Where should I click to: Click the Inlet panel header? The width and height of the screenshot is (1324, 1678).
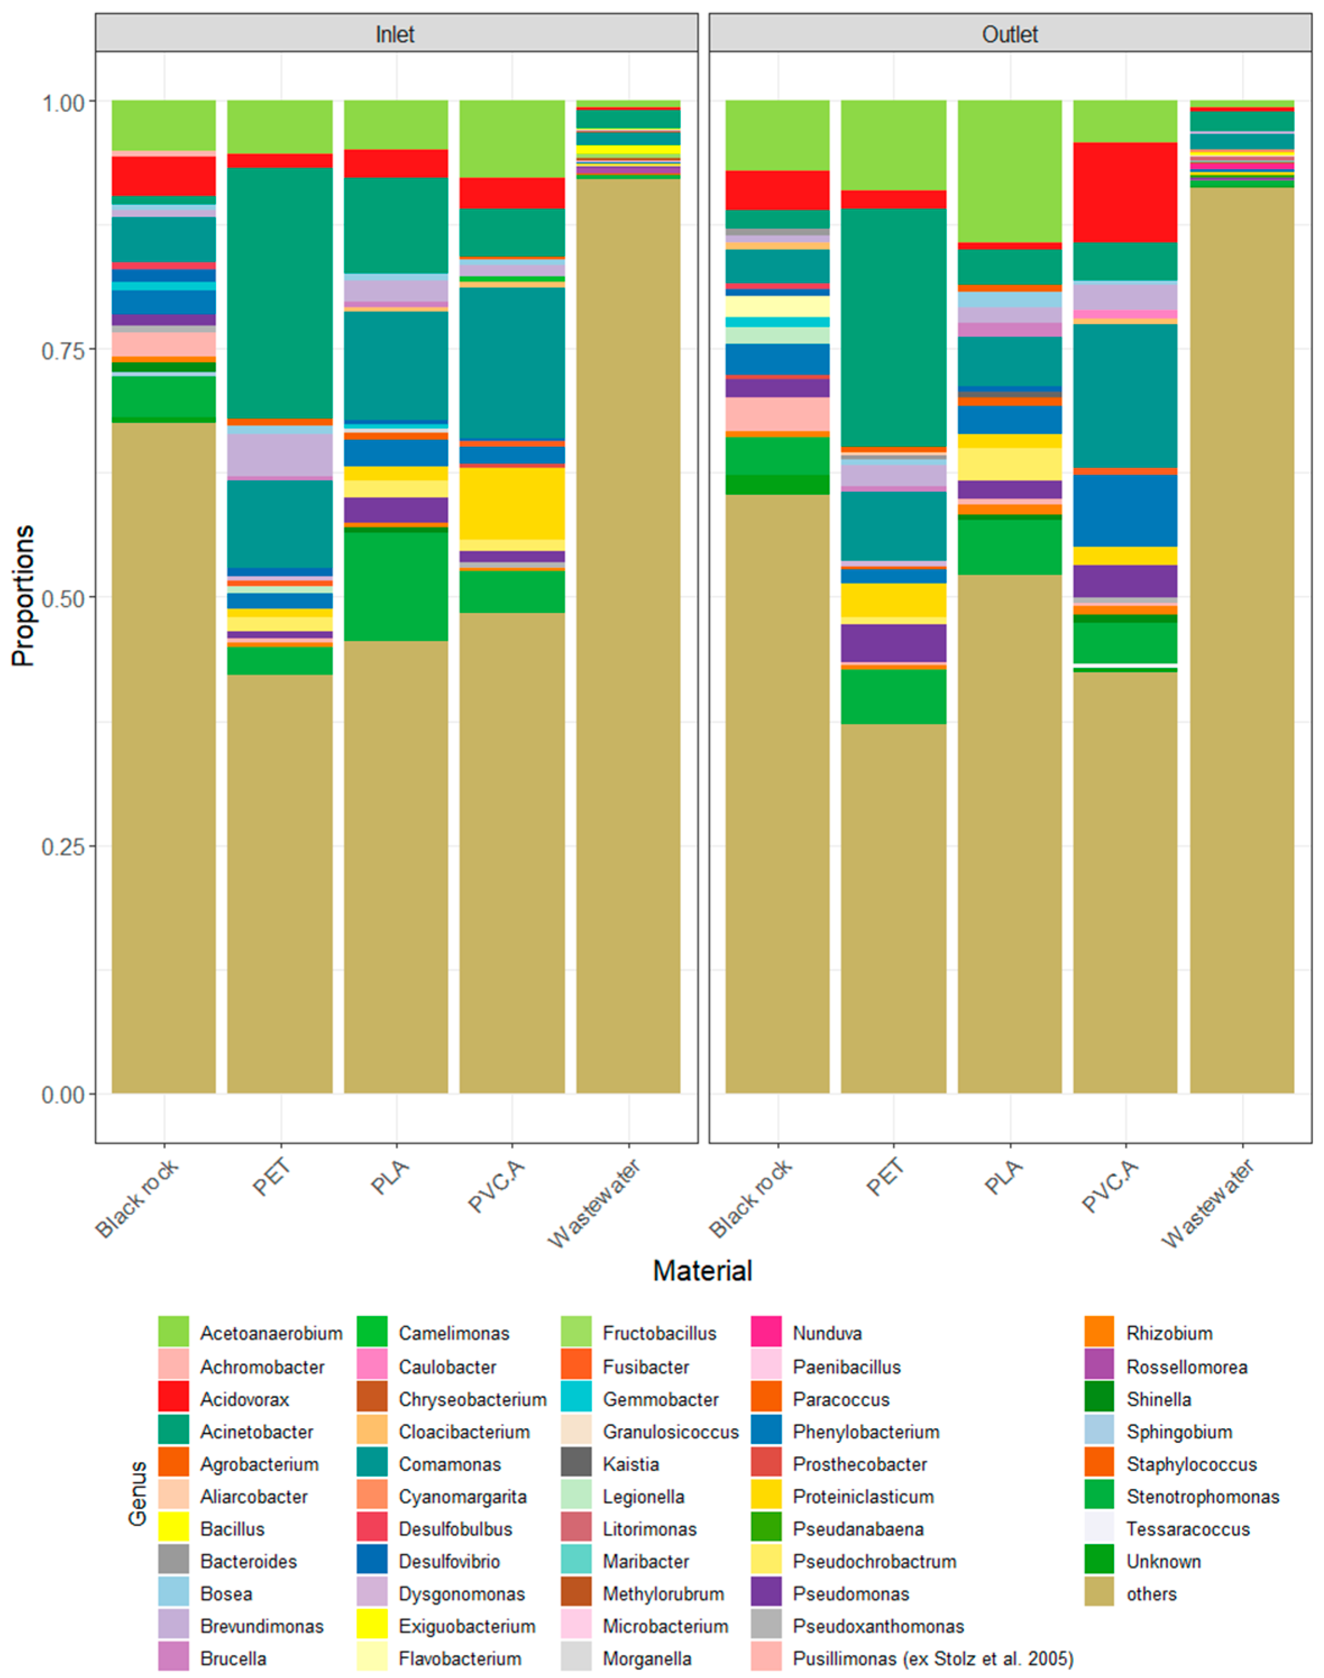point(396,34)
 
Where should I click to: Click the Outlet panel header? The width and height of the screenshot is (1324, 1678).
point(1009,34)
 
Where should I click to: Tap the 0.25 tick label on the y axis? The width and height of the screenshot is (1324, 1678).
point(62,846)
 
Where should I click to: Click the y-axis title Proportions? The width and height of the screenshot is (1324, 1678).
point(23,595)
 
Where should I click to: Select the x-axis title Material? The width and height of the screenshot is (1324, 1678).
point(702,1270)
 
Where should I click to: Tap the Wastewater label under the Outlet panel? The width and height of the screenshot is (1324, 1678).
point(1210,1203)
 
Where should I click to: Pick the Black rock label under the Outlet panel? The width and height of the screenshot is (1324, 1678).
point(751,1198)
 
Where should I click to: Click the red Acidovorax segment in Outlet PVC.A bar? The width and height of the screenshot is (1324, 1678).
point(1125,192)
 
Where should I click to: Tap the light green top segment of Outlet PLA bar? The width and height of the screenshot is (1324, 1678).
point(1009,171)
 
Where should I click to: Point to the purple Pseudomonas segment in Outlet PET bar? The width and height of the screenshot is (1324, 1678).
point(893,643)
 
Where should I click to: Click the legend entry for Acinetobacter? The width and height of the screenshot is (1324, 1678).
point(256,1432)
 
